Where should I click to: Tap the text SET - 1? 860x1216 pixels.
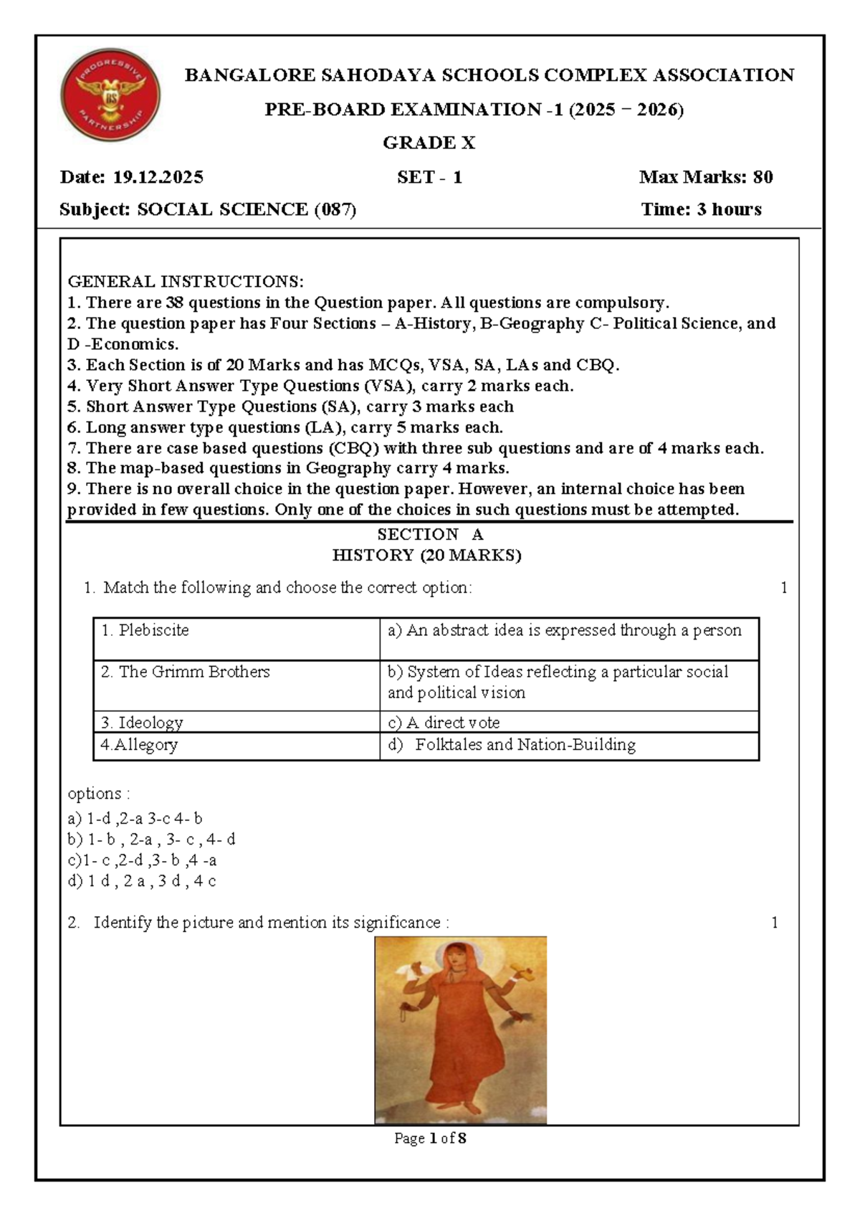(429, 177)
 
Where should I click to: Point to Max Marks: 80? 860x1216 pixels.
(705, 177)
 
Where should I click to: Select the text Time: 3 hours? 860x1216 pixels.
(701, 209)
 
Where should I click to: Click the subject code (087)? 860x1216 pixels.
(335, 209)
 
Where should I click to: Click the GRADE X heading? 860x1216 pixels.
(429, 143)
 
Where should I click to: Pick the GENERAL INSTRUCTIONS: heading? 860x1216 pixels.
(186, 281)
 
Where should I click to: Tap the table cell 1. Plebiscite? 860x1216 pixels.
(145, 630)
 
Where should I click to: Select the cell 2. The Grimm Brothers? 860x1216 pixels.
(186, 672)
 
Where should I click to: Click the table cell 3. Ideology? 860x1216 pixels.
(142, 722)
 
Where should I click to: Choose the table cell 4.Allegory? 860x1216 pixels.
(139, 745)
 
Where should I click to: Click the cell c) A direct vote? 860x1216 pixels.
(444, 722)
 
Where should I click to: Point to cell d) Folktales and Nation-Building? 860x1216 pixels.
(512, 745)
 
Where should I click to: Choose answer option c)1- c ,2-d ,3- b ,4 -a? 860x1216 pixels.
(142, 860)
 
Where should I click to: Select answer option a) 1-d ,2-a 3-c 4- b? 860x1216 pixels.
(135, 818)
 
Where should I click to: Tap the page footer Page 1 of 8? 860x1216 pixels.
(430, 1138)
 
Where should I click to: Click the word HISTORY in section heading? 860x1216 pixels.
(373, 555)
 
